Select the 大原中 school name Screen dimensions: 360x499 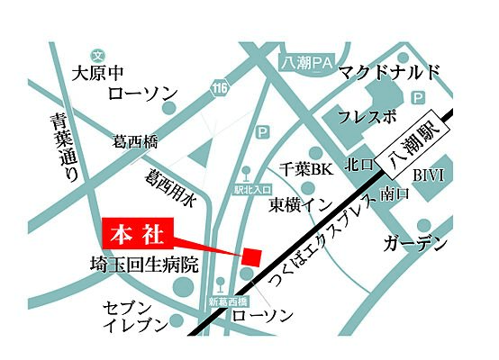click(x=97, y=72)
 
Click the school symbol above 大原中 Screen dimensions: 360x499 click(x=97, y=55)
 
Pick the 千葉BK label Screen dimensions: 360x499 click(x=305, y=168)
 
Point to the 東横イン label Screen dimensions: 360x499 click(x=302, y=204)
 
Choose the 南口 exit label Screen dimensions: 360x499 click(x=395, y=193)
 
